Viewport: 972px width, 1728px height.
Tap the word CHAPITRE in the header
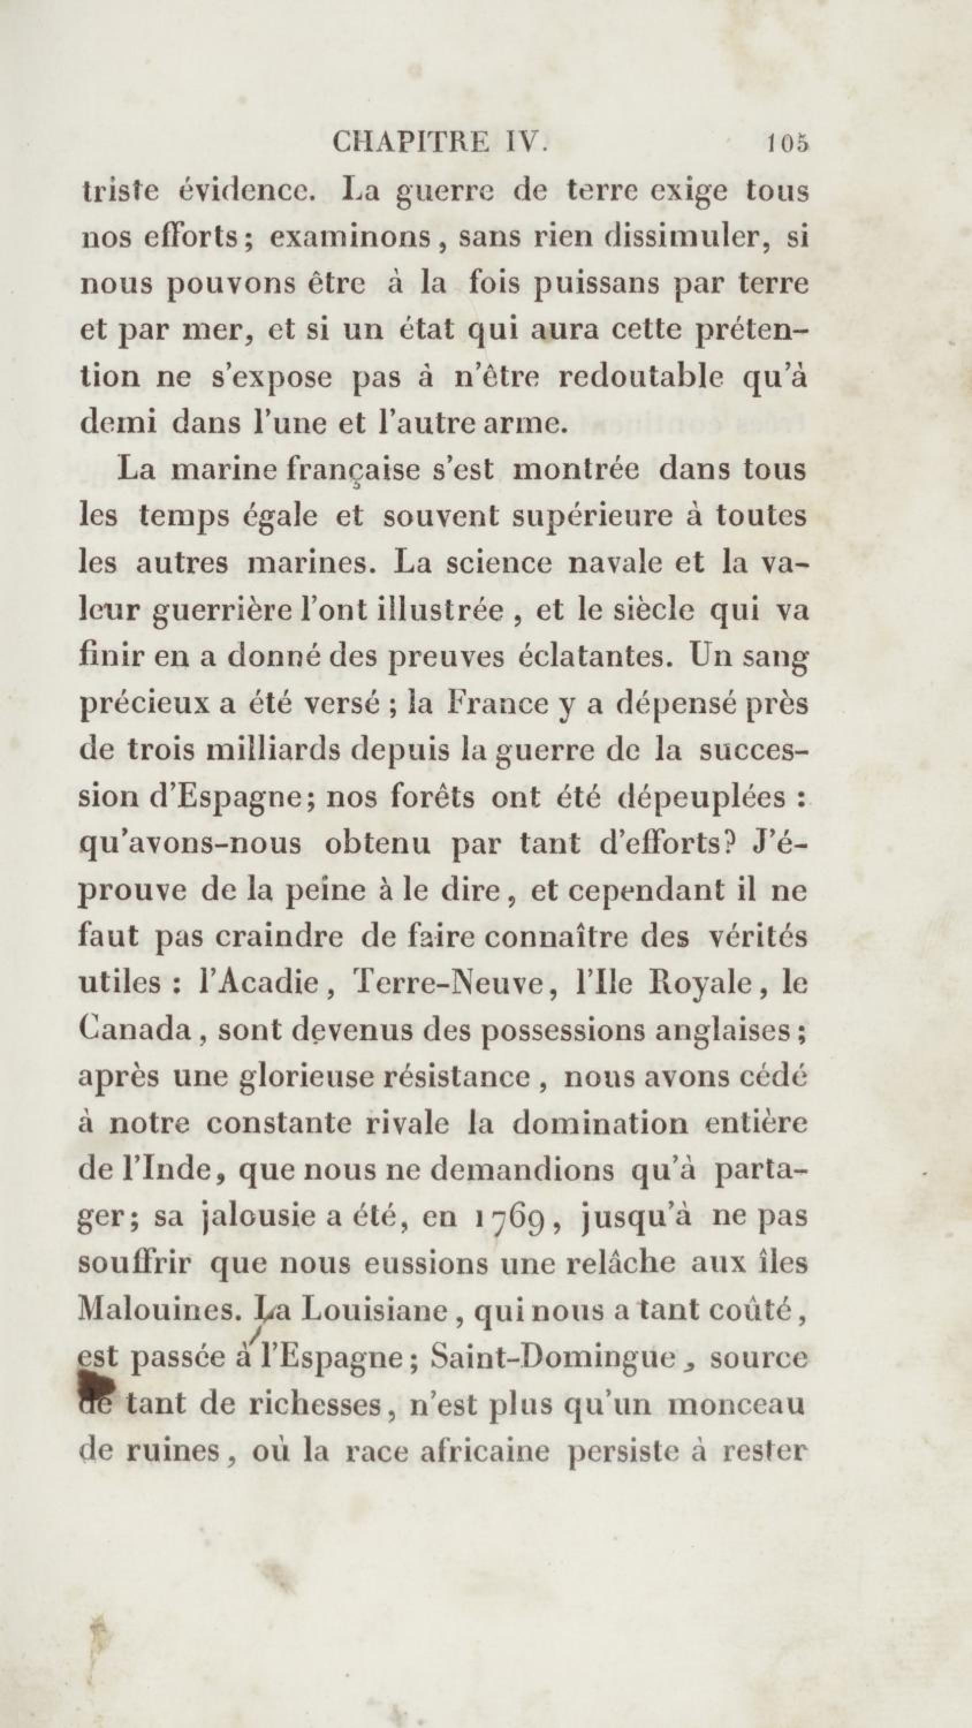[411, 143]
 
